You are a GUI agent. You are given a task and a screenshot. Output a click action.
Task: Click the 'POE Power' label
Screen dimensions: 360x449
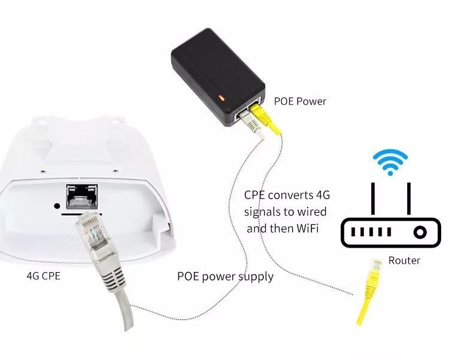(x=300, y=101)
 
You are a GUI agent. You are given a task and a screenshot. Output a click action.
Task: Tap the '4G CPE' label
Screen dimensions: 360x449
(x=42, y=276)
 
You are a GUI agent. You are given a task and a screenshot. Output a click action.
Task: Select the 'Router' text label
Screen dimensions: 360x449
(x=404, y=260)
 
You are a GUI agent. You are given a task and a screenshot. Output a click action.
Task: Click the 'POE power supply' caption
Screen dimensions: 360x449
(x=225, y=276)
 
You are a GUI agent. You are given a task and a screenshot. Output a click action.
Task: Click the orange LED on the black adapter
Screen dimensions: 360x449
(x=222, y=95)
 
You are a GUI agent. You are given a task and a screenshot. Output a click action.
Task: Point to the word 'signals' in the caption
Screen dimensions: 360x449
(x=262, y=212)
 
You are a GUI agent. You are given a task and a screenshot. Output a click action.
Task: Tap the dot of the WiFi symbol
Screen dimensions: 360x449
(x=390, y=172)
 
